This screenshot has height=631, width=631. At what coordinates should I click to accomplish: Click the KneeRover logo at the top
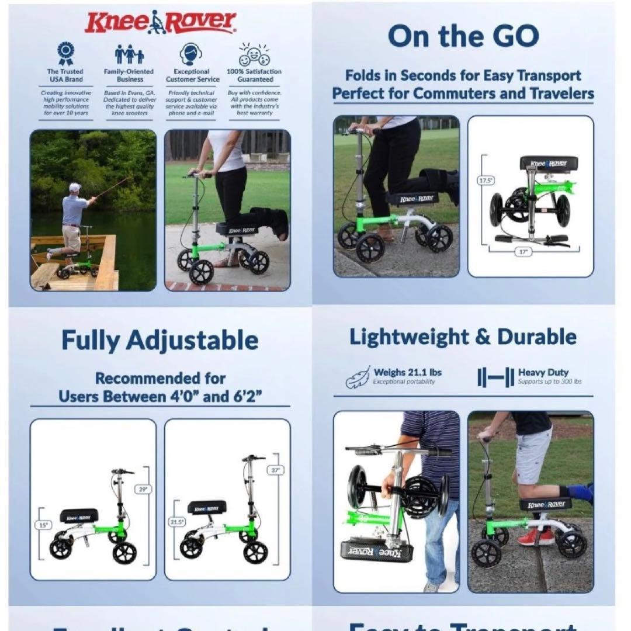point(160,22)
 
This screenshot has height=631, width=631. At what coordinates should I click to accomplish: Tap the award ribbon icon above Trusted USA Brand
point(65,54)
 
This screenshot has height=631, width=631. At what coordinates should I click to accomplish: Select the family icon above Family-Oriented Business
point(129,54)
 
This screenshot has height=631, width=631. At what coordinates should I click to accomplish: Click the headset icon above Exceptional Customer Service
point(192,54)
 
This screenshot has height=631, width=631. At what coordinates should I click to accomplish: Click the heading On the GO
point(463,36)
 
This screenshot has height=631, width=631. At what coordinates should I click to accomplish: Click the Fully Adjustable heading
point(160,340)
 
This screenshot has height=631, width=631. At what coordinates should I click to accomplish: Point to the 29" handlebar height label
point(143,489)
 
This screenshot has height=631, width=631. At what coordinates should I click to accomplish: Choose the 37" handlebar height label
point(275,469)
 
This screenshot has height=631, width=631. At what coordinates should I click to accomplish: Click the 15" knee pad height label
point(43,525)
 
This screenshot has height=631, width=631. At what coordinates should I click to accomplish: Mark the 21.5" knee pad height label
point(176,521)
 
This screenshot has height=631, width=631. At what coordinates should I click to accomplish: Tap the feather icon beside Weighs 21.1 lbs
point(357,377)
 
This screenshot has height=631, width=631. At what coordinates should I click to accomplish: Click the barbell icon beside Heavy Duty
point(495,377)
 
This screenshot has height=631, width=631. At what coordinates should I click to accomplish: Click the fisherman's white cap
point(74,187)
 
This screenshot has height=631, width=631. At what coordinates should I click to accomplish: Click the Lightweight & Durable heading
point(463,337)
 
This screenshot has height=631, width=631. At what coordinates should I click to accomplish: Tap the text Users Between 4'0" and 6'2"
point(160,397)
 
